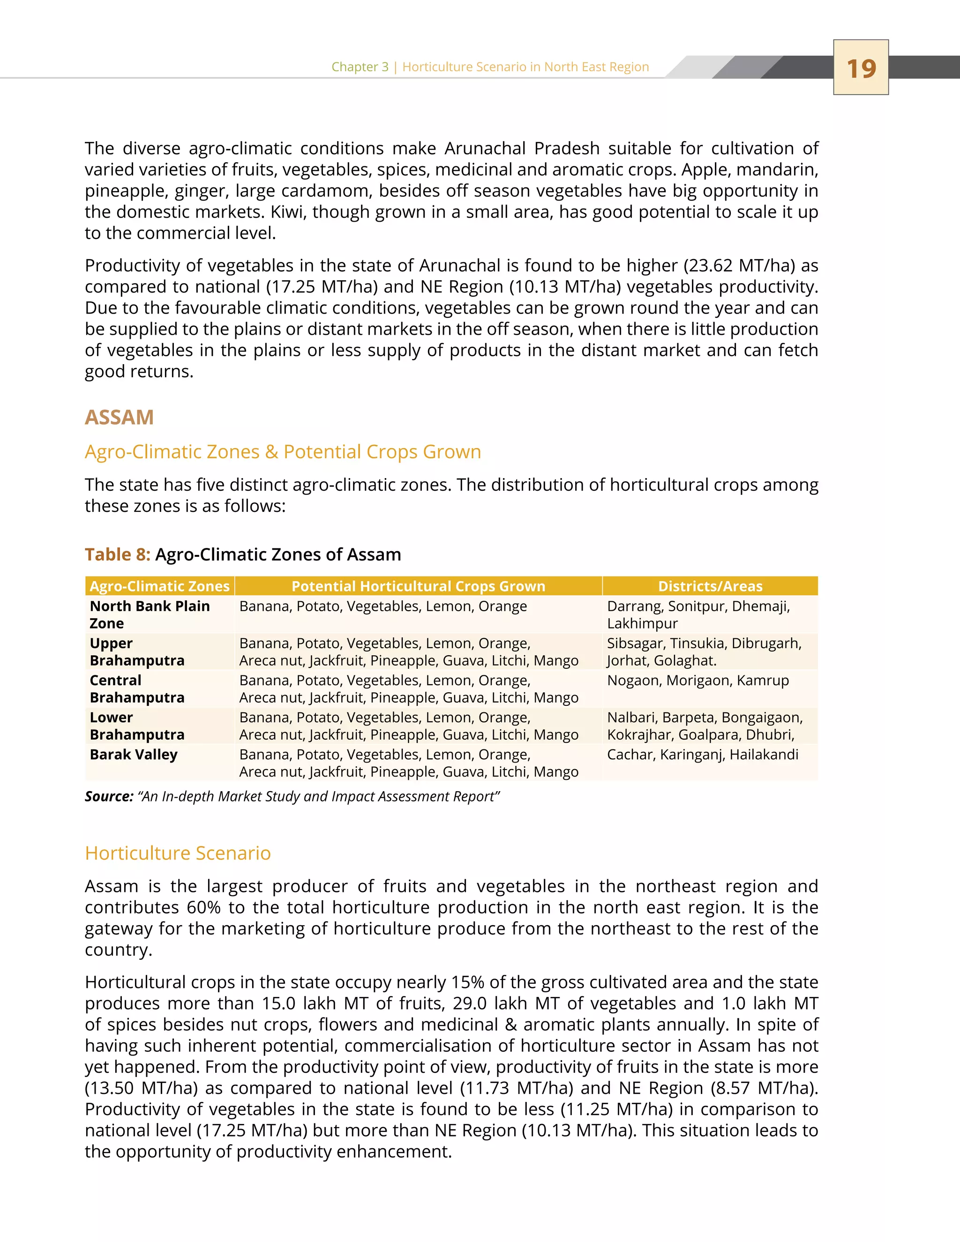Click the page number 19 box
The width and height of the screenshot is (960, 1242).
(861, 67)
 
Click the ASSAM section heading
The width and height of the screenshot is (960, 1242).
(120, 418)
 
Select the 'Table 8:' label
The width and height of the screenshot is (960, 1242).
(118, 554)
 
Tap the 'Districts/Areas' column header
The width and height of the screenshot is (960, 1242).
(710, 586)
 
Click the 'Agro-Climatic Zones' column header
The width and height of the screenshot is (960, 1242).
(160, 586)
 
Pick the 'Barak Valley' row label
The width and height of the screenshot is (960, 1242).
(134, 755)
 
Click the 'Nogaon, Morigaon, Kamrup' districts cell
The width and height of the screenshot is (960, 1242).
(698, 681)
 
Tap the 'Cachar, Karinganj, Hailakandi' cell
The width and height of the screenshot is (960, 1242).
(702, 755)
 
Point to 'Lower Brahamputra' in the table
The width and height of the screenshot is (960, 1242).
(137, 726)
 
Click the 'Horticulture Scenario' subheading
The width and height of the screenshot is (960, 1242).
(178, 853)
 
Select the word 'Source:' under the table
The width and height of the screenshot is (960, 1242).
(109, 797)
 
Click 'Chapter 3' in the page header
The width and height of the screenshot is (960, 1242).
(360, 67)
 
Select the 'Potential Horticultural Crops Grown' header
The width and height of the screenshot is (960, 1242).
(418, 586)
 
